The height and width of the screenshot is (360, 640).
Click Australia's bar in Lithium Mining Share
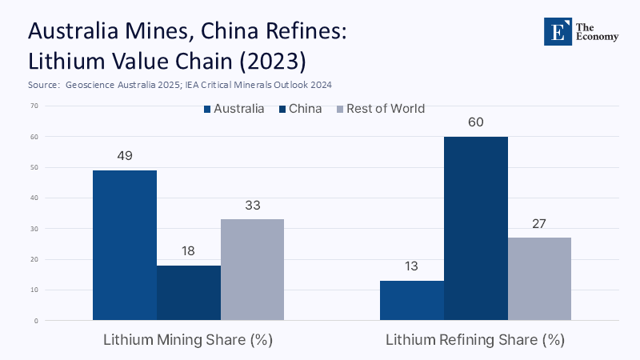pos(125,246)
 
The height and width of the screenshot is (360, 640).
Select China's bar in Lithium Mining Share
pos(189,293)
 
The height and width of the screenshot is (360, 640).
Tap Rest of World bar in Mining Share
pos(252,270)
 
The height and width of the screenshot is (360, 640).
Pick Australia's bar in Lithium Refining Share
pos(412,301)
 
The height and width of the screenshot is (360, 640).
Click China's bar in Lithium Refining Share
pos(476,229)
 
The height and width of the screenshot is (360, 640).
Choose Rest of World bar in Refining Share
pos(539,279)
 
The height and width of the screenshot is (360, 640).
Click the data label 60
pos(476,123)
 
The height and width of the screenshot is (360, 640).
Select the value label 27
pos(539,224)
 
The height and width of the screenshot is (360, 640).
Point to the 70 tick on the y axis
pos(34,106)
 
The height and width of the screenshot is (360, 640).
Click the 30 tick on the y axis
pos(34,229)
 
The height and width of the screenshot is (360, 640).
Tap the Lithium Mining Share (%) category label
pos(189,339)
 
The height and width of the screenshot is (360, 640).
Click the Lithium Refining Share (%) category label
pos(475,339)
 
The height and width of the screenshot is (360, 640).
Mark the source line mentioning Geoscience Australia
pos(180,84)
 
